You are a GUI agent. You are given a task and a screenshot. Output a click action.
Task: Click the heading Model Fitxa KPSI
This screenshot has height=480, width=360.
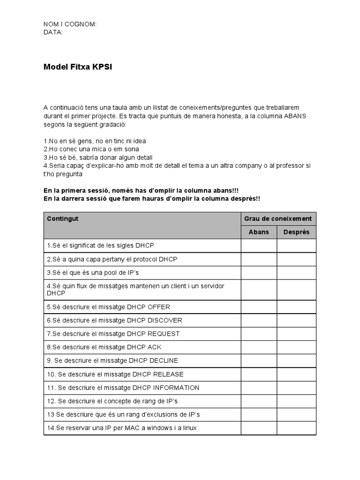[x=78, y=67]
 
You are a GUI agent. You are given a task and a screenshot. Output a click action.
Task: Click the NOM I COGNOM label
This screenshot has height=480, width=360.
[x=70, y=24]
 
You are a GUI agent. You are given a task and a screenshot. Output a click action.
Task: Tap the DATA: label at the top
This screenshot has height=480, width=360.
[x=53, y=32]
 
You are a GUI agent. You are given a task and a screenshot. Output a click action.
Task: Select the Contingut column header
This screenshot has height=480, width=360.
[x=62, y=219]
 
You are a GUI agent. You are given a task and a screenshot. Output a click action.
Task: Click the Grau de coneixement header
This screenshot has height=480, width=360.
[x=278, y=218]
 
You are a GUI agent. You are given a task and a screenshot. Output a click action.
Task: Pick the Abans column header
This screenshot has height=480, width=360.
[x=259, y=232]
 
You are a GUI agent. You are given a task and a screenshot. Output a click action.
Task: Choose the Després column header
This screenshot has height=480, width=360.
[x=296, y=232]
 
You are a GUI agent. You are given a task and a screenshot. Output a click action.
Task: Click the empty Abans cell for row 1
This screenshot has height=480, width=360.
[x=259, y=246]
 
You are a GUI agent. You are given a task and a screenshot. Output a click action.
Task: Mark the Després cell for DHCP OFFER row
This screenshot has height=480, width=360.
[x=296, y=307]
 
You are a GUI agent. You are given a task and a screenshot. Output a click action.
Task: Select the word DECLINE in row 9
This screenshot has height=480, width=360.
[x=164, y=360]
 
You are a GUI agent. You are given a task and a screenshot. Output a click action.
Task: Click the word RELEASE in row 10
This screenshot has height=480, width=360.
[x=166, y=374]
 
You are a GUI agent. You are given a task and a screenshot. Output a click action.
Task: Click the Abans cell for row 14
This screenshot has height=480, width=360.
[x=259, y=428]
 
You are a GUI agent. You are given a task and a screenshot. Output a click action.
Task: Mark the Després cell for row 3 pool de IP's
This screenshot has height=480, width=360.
[x=296, y=272]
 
